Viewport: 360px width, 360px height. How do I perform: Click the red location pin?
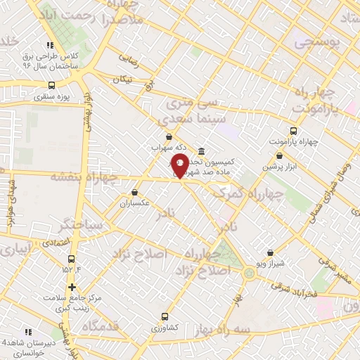click(x=179, y=166)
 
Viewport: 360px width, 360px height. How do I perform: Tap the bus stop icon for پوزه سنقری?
click(x=51, y=85)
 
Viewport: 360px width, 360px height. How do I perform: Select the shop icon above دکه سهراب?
click(x=167, y=137)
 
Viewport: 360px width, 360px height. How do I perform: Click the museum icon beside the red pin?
click(x=202, y=152)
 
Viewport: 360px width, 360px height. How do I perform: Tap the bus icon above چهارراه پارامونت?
click(x=294, y=131)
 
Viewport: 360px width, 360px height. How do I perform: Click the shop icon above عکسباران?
click(x=134, y=192)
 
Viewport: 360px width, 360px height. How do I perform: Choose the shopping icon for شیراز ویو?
click(x=271, y=253)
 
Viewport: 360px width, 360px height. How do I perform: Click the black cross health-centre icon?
click(x=72, y=287)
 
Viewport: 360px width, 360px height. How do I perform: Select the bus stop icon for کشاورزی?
click(x=165, y=316)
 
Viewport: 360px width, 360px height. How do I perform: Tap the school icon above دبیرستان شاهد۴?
click(x=28, y=331)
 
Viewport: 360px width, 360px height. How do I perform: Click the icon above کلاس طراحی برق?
click(x=49, y=44)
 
